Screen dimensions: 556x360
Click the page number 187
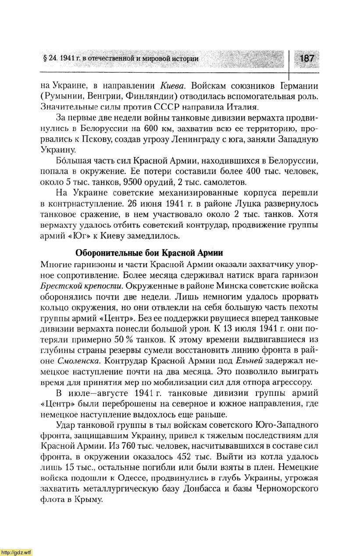pyautogui.click(x=307, y=58)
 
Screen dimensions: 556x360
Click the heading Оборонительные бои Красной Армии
pyautogui.click(x=149, y=253)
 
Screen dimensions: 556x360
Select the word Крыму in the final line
pyautogui.click(x=89, y=499)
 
